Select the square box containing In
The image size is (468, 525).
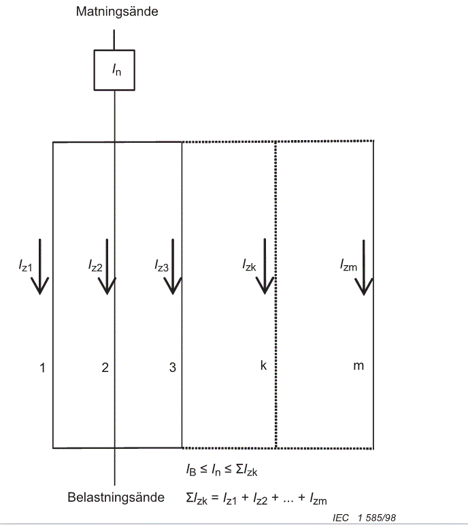pos(114,70)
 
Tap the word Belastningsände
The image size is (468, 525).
pos(116,497)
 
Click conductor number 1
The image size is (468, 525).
pos(42,367)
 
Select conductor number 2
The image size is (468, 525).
pos(105,367)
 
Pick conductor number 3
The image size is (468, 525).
pos(173,367)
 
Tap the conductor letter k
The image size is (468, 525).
pos(263,366)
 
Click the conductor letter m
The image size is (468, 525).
pos(358,367)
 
